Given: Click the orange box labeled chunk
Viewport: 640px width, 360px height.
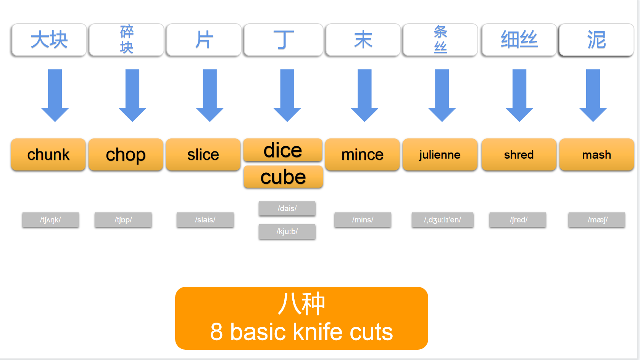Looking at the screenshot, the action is tap(48, 154).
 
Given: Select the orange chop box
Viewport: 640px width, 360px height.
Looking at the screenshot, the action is tap(126, 154).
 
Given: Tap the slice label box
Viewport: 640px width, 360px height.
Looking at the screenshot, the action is tap(203, 154).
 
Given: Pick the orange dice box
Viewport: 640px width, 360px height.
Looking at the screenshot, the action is tap(283, 150).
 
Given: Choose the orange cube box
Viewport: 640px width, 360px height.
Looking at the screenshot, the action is tap(283, 177).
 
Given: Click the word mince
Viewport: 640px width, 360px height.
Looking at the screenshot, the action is tap(362, 154).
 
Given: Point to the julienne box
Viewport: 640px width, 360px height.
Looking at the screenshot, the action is tap(440, 154).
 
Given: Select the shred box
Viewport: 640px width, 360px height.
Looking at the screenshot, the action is tap(519, 154).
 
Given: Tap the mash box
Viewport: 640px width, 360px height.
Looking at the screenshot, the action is tap(596, 154).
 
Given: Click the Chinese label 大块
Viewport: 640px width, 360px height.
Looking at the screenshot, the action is tap(49, 40).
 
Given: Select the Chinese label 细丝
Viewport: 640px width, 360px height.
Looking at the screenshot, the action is tap(519, 40).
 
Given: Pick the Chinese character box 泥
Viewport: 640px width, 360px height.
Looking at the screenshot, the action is tap(596, 40).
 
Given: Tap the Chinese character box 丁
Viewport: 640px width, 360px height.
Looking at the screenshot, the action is tap(283, 40).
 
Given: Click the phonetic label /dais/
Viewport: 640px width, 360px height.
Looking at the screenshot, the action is tap(287, 208).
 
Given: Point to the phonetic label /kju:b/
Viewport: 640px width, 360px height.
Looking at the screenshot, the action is tap(287, 231).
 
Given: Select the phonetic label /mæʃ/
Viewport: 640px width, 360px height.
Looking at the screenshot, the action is tap(596, 220).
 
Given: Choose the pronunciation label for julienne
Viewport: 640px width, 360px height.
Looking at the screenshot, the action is tap(442, 220).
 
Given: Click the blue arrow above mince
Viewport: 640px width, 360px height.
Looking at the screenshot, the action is tap(364, 95).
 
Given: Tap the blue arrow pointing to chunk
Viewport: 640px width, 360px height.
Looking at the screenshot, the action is tap(55, 95).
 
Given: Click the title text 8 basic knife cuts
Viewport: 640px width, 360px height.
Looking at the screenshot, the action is tap(301, 331).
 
